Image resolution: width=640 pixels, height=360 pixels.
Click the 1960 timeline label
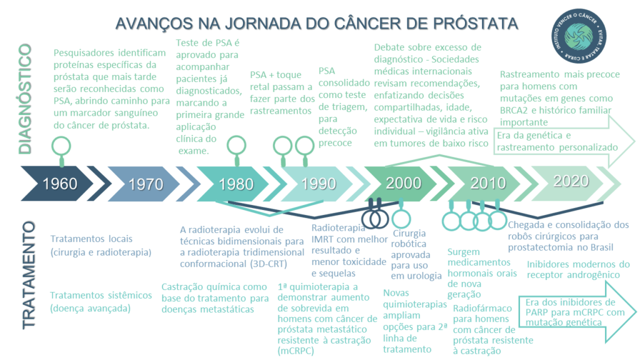[x=60, y=184]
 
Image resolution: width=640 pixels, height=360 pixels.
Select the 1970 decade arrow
[x=146, y=184]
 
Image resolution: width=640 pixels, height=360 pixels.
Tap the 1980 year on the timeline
[x=236, y=184]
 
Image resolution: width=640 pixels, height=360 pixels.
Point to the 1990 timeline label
[x=319, y=184]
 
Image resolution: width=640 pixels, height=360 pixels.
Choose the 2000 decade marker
[x=403, y=183]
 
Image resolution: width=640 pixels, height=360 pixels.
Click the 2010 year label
[x=488, y=183]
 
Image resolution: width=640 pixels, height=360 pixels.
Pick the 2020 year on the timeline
[x=571, y=181]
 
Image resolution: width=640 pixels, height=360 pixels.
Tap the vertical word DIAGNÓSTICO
[x=25, y=99]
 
